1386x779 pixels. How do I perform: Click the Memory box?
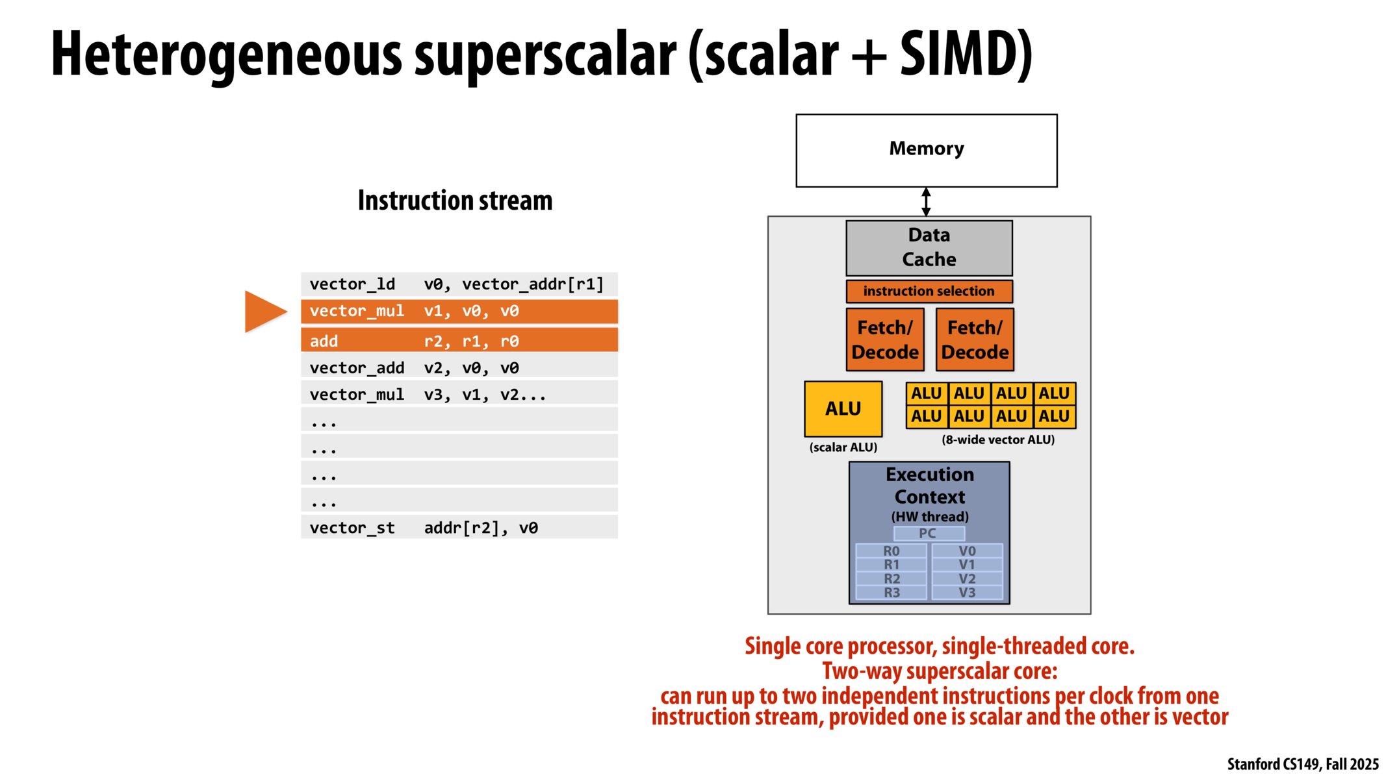pyautogui.click(x=926, y=151)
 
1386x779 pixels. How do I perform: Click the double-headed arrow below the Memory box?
pyautogui.click(x=926, y=202)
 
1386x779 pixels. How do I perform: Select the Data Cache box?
pyautogui.click(x=929, y=247)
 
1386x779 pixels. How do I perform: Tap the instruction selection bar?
pyautogui.click(x=929, y=291)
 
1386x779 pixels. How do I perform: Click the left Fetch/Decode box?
pyautogui.click(x=884, y=340)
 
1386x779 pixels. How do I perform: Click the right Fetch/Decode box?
pyautogui.click(x=975, y=340)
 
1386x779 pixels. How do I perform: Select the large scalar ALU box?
pyautogui.click(x=843, y=408)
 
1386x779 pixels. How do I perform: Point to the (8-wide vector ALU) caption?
pyautogui.click(x=997, y=439)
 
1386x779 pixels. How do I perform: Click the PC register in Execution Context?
pyautogui.click(x=928, y=534)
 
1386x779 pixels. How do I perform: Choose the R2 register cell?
pyautogui.click(x=892, y=578)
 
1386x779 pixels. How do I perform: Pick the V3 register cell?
pyautogui.click(x=967, y=593)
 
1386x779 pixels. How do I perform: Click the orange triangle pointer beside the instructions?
pyautogui.click(x=263, y=312)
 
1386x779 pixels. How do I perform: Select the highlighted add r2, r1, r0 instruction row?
pyautogui.click(x=459, y=341)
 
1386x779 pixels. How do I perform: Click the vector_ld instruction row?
pyautogui.click(x=459, y=284)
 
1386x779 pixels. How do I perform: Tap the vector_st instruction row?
pyautogui.click(x=459, y=528)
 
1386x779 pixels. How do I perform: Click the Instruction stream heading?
pyautogui.click(x=455, y=201)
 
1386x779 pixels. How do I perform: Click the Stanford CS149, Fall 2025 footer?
pyautogui.click(x=1302, y=764)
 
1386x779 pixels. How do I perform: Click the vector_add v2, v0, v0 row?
pyautogui.click(x=459, y=368)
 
